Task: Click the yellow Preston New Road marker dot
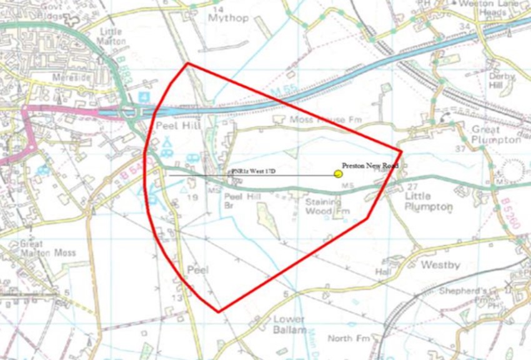[338, 175]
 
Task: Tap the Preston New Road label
[369, 166]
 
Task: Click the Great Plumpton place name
[496, 134]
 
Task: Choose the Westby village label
[440, 265]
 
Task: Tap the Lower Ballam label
[290, 324]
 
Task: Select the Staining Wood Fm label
[324, 207]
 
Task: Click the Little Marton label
[112, 36]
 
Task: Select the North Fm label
[340, 339]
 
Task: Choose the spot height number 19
[193, 197]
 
